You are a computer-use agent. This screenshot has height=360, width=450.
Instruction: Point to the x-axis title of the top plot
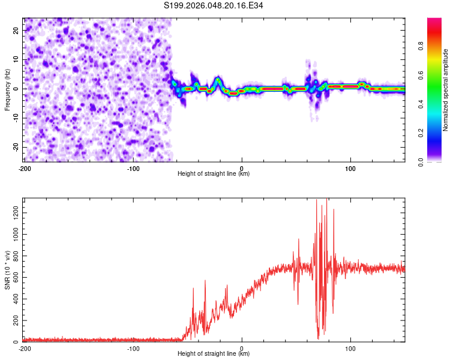[214, 174]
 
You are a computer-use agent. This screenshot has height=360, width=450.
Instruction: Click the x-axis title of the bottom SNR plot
[214, 354]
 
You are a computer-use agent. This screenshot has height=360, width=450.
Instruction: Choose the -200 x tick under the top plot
[25, 169]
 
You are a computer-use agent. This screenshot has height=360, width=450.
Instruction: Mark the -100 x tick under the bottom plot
[133, 349]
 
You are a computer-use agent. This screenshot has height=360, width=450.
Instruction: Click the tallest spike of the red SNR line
[326, 199]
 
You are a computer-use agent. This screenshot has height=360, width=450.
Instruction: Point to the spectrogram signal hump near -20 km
[218, 80]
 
